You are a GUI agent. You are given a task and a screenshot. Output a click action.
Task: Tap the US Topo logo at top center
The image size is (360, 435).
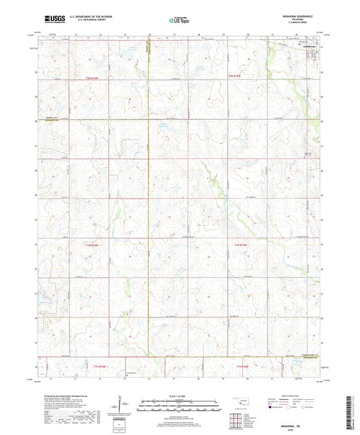(x=178, y=21)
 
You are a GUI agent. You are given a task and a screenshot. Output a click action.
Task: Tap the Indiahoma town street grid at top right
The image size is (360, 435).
(x=313, y=55)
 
